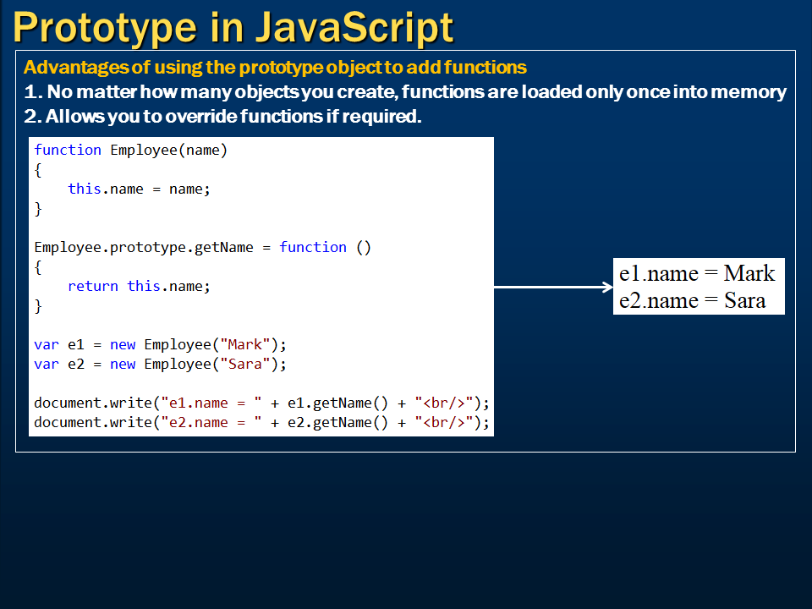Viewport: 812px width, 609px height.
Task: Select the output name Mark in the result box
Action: pos(749,273)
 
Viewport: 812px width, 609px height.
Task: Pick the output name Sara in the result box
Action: pos(744,301)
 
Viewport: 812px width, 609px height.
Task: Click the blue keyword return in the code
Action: pos(93,286)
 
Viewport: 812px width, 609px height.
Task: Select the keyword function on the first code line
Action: pos(68,150)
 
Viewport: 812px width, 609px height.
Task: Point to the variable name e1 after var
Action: pos(76,344)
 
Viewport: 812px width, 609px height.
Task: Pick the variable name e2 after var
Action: pos(76,364)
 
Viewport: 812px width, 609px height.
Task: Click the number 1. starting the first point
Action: pos(32,91)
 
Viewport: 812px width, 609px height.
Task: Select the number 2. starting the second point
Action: pos(32,116)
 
